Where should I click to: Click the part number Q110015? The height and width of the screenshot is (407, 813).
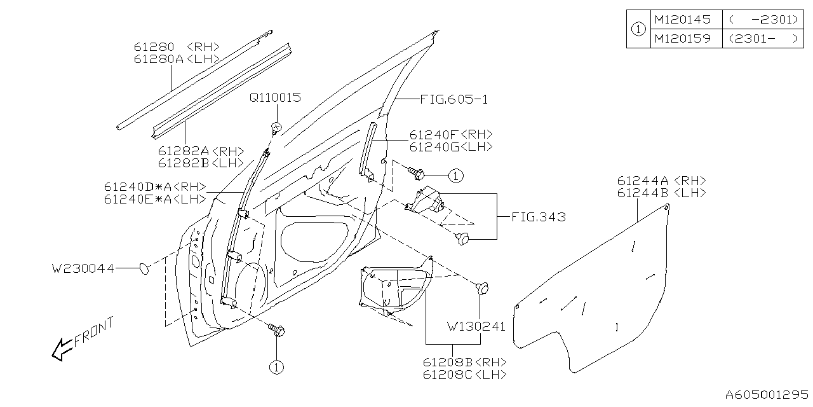[274, 98]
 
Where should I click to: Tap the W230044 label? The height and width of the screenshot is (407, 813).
[83, 269]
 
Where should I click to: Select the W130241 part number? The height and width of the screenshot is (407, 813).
[476, 327]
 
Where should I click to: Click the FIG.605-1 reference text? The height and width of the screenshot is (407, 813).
[454, 100]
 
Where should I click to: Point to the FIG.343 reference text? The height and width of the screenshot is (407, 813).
[538, 217]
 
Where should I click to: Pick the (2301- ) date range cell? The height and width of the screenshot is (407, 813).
[763, 39]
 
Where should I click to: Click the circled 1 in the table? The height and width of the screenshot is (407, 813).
[639, 29]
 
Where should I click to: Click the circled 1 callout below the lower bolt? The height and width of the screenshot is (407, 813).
[275, 367]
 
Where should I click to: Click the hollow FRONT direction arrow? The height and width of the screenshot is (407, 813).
[62, 349]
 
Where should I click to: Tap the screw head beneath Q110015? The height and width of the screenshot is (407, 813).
[276, 127]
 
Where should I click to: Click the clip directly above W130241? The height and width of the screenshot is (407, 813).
[483, 288]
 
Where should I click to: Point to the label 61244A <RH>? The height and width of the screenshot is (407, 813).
[661, 181]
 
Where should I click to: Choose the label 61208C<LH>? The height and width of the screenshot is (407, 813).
[464, 375]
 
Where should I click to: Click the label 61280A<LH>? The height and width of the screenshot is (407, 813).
[176, 59]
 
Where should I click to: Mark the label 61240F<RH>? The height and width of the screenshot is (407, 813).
[451, 135]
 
